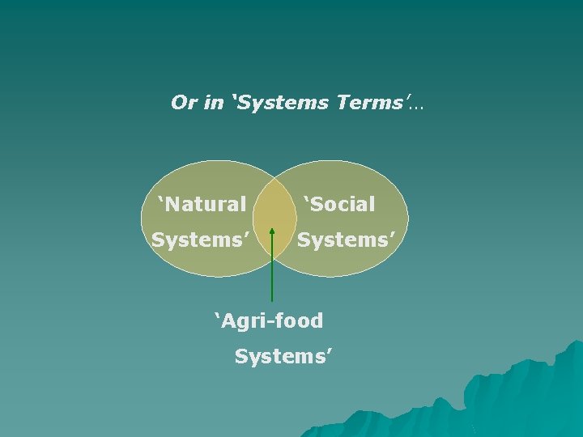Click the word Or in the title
(x=183, y=103)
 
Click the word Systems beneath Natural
(x=199, y=240)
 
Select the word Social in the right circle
(x=343, y=204)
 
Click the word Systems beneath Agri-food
(x=282, y=356)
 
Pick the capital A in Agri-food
(x=230, y=321)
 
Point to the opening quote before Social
(x=307, y=198)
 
